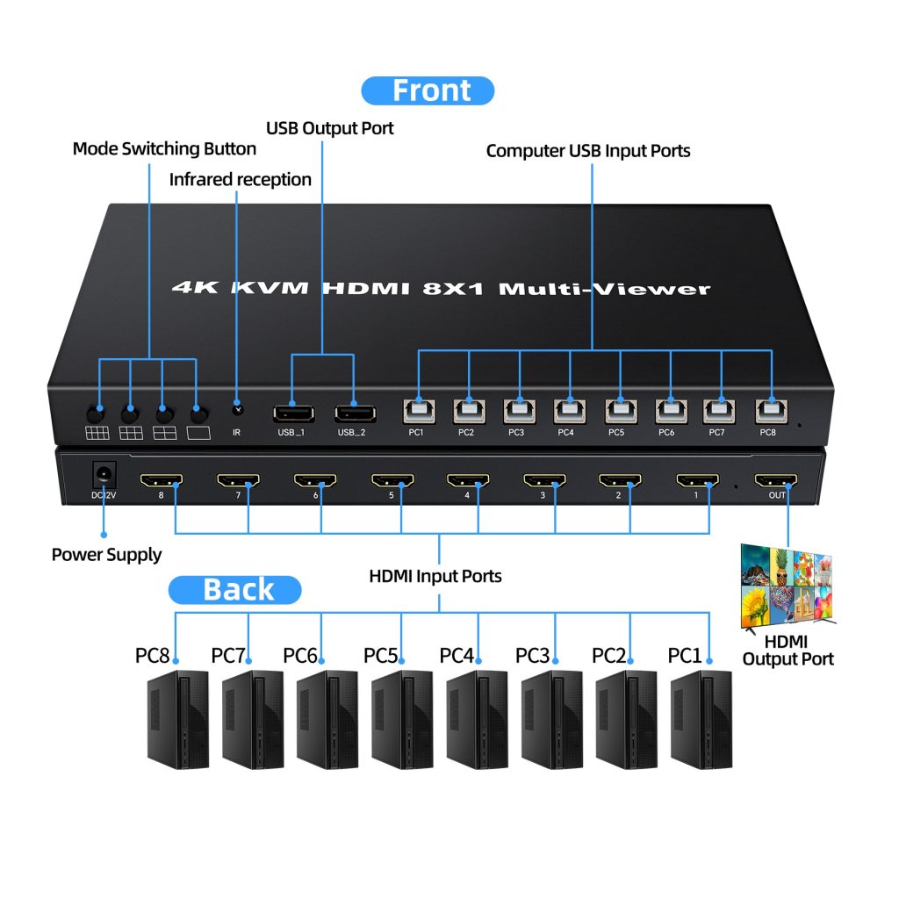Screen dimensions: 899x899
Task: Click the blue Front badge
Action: pyautogui.click(x=428, y=91)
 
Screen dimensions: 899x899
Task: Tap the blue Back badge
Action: pyautogui.click(x=234, y=590)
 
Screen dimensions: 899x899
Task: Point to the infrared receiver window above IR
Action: pyautogui.click(x=236, y=408)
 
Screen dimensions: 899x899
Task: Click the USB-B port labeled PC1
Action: pyautogui.click(x=417, y=410)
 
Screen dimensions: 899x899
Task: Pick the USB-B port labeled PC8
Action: pyautogui.click(x=772, y=410)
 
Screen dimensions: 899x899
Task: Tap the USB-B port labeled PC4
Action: pyautogui.click(x=569, y=410)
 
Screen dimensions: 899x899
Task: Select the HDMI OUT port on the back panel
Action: pyautogui.click(x=776, y=481)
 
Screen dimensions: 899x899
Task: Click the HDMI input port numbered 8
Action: pyautogui.click(x=162, y=481)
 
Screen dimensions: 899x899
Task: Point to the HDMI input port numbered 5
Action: pyautogui.click(x=392, y=481)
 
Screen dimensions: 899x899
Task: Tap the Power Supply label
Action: pyautogui.click(x=106, y=555)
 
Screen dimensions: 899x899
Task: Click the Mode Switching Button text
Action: pyautogui.click(x=164, y=149)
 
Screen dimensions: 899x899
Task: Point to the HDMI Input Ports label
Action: pyautogui.click(x=435, y=577)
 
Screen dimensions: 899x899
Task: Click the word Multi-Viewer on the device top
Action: pyautogui.click(x=605, y=288)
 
